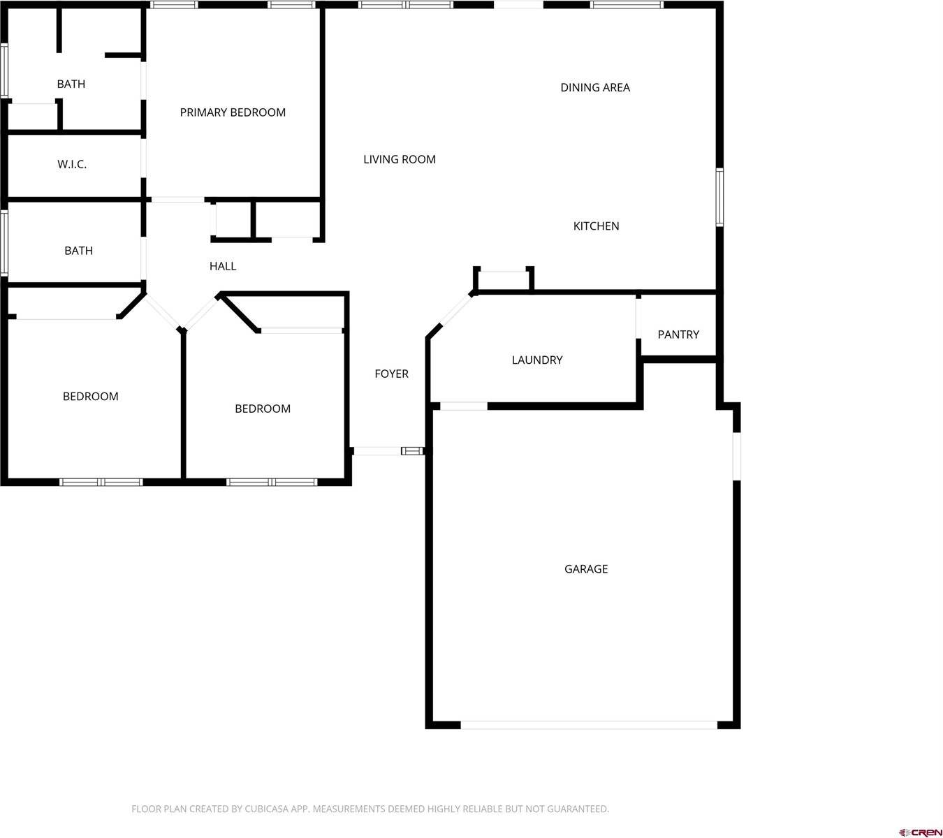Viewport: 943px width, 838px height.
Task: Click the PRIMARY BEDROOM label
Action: coord(233,112)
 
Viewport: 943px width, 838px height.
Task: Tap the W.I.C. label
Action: coord(72,165)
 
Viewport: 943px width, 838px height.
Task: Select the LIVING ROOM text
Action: coord(399,159)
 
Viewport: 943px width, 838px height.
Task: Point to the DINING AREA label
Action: coord(595,87)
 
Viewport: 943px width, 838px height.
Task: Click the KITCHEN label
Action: coord(596,226)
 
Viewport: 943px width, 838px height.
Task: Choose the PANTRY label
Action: coord(678,335)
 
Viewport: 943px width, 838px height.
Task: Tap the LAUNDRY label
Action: coord(536,360)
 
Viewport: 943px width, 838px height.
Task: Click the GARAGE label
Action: coord(585,569)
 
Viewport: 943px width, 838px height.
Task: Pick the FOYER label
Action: coord(391,374)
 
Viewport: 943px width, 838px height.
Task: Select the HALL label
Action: coord(223,266)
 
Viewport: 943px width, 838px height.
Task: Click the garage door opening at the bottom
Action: coord(588,725)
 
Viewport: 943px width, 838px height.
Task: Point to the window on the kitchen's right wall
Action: coord(719,197)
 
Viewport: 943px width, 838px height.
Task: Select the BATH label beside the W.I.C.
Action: coord(71,84)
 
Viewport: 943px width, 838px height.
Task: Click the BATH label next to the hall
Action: coord(78,251)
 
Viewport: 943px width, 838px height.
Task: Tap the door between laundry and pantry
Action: coord(638,318)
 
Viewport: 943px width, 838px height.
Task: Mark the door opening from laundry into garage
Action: coord(463,406)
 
